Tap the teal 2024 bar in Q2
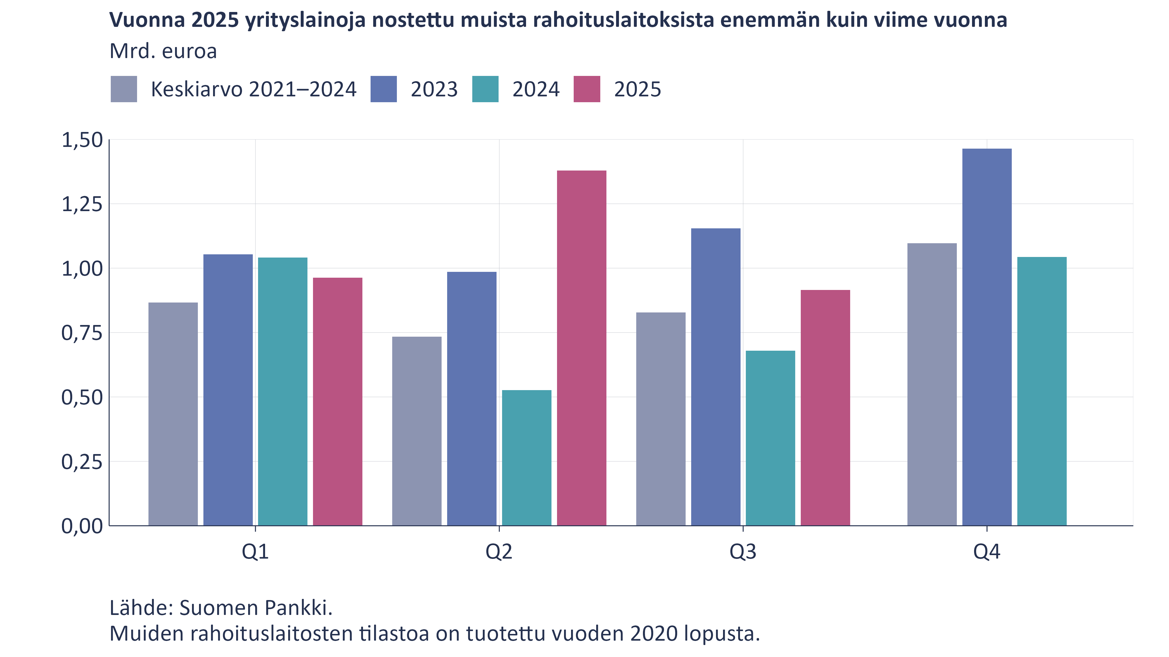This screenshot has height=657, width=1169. (526, 458)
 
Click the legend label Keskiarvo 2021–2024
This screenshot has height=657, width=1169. (253, 89)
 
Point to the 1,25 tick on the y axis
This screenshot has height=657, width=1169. (82, 204)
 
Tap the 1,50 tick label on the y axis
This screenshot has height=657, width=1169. (82, 140)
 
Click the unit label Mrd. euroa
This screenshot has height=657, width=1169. (163, 51)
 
